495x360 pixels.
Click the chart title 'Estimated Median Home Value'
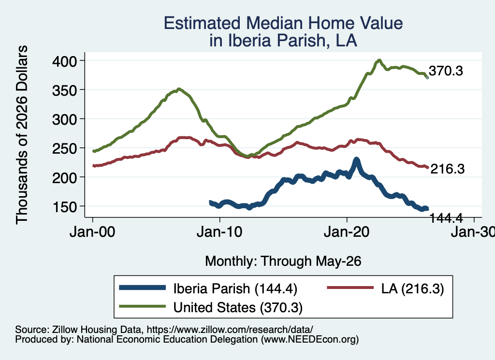(x=283, y=23)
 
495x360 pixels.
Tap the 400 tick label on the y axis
(x=64, y=61)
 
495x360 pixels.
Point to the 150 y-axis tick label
(x=64, y=207)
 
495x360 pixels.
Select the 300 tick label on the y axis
(x=64, y=119)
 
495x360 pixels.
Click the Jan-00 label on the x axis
(x=92, y=232)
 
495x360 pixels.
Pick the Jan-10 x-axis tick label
(x=219, y=232)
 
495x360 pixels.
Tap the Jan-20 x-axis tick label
(x=347, y=232)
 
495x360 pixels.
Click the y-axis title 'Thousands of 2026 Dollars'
(x=22, y=135)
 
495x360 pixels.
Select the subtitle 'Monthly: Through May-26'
(x=283, y=261)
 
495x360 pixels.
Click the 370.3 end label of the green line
(x=446, y=71)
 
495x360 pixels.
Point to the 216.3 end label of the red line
(x=448, y=169)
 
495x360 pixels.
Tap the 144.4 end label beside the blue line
(x=446, y=218)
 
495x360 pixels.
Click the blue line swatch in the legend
(x=143, y=288)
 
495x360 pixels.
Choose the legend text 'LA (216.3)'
(x=413, y=288)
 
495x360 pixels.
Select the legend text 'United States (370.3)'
(x=238, y=307)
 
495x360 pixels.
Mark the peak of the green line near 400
(x=379, y=60)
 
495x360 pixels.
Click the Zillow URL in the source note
(x=230, y=330)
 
